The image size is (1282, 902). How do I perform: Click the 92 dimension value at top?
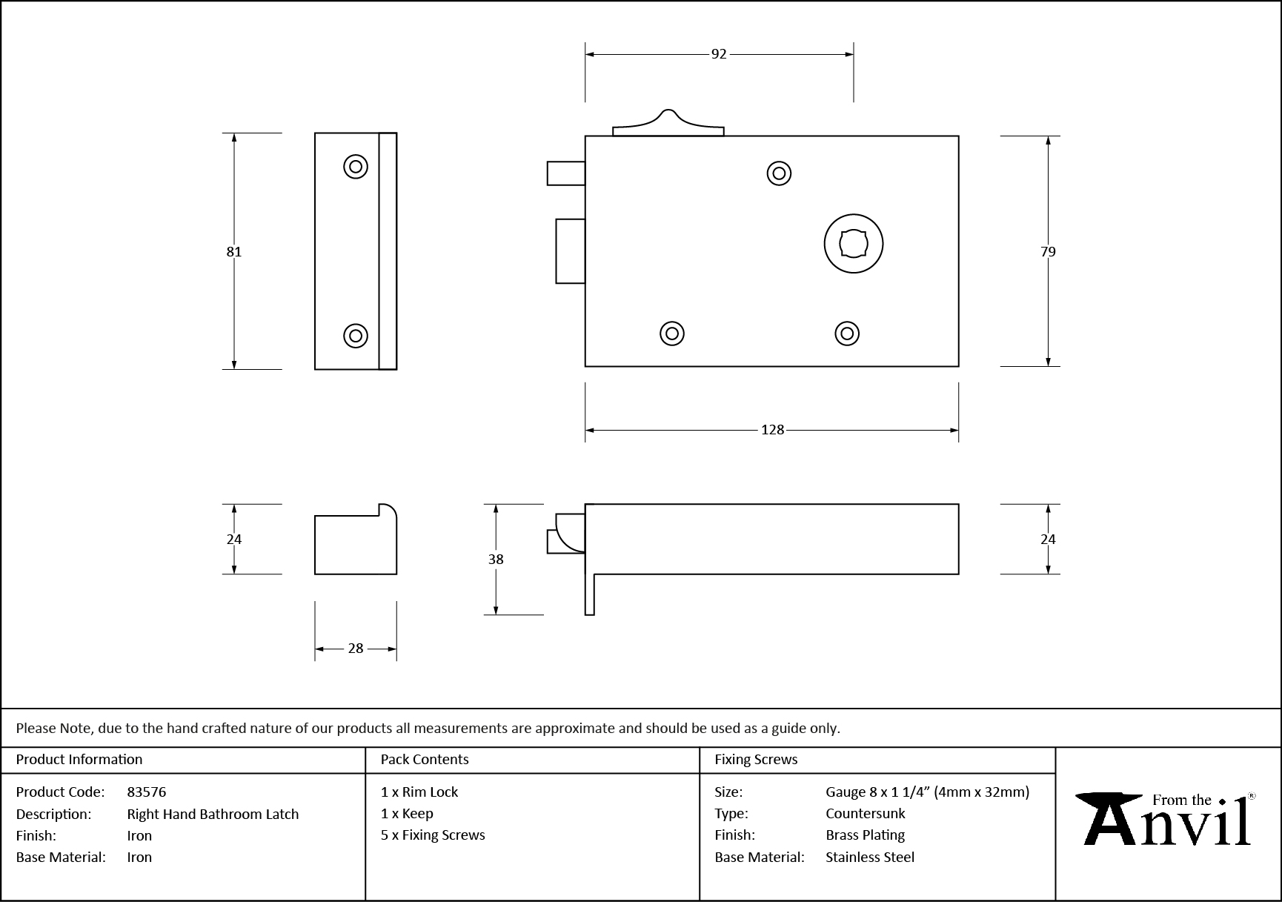click(x=719, y=54)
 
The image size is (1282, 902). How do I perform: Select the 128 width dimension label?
click(x=772, y=430)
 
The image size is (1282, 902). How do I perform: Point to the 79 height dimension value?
click(x=1047, y=252)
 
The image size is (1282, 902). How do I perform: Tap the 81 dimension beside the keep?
click(x=234, y=252)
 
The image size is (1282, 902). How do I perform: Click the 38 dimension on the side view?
click(x=496, y=560)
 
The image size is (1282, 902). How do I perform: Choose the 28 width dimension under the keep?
click(x=356, y=649)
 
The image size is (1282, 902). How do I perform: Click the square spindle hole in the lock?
click(x=853, y=244)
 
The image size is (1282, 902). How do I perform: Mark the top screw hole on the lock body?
click(x=779, y=173)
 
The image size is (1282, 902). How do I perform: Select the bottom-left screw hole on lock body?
click(x=672, y=334)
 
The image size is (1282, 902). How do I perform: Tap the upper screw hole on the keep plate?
click(x=356, y=167)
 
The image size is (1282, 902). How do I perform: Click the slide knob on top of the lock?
click(x=668, y=125)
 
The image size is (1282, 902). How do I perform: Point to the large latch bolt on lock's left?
click(x=571, y=251)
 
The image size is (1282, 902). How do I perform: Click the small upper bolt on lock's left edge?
click(x=566, y=173)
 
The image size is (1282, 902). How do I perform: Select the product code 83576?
click(x=147, y=792)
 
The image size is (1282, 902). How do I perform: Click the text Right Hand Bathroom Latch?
click(x=213, y=814)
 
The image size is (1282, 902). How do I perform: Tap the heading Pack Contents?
click(x=425, y=760)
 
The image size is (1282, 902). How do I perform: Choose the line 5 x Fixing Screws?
click(x=433, y=835)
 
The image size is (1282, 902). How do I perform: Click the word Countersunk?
click(x=865, y=813)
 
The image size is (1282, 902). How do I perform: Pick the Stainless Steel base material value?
click(x=870, y=857)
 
